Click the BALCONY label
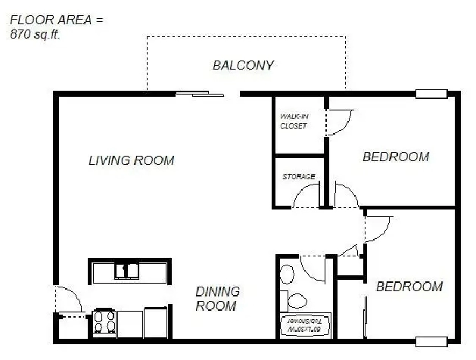(242, 65)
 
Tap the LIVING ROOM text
(131, 160)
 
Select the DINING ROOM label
(217, 299)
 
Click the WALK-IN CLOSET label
(294, 121)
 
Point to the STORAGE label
(298, 177)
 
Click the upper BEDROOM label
(395, 157)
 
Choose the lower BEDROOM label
(409, 287)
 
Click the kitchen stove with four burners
(104, 324)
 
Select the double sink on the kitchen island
(127, 270)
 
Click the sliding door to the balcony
(201, 95)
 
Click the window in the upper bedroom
(431, 95)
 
